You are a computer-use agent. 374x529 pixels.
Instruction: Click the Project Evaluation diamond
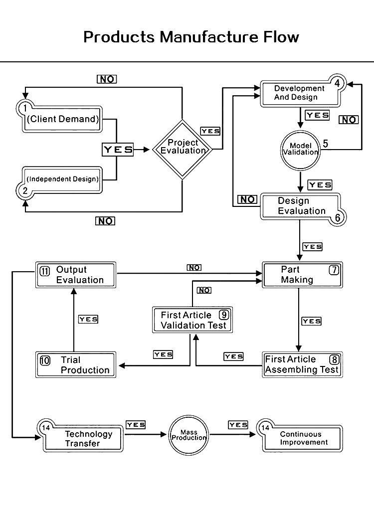[183, 147]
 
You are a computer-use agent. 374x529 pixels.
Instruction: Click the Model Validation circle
[300, 149]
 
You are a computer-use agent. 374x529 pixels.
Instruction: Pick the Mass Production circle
[188, 435]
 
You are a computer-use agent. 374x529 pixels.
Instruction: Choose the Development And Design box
[301, 93]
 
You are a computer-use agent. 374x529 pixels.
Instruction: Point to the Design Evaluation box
[301, 206]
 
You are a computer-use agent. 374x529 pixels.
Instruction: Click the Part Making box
[302, 275]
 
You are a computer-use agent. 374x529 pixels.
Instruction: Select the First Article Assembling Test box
[302, 364]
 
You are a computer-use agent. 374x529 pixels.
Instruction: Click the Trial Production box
[76, 365]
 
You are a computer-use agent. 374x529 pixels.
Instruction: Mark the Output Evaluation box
[76, 275]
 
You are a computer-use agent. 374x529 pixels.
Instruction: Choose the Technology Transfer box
[82, 438]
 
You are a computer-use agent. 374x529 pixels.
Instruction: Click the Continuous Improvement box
[303, 438]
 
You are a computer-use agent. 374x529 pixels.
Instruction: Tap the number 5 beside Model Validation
[325, 143]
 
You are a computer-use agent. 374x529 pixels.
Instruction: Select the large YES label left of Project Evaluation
[118, 149]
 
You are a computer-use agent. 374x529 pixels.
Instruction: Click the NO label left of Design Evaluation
[247, 199]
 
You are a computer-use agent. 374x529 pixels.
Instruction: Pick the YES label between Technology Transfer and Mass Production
[136, 425]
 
